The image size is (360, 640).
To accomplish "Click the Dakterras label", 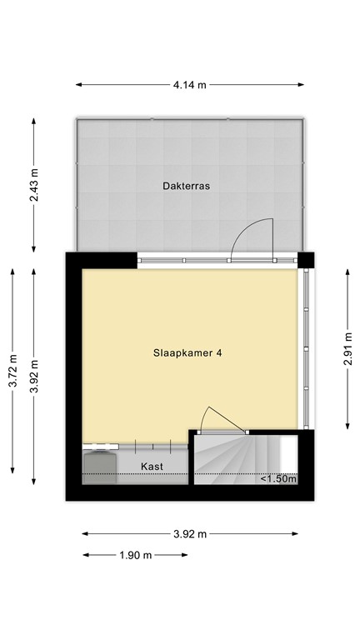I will click(186, 187).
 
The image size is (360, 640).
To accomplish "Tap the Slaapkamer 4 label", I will click(187, 352).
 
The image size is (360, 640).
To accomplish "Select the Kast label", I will click(151, 466).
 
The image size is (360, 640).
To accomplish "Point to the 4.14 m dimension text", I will click(189, 84).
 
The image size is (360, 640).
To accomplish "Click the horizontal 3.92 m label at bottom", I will click(189, 534).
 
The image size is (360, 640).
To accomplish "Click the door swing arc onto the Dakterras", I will click(250, 235).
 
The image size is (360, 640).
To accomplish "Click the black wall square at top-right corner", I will click(307, 260).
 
